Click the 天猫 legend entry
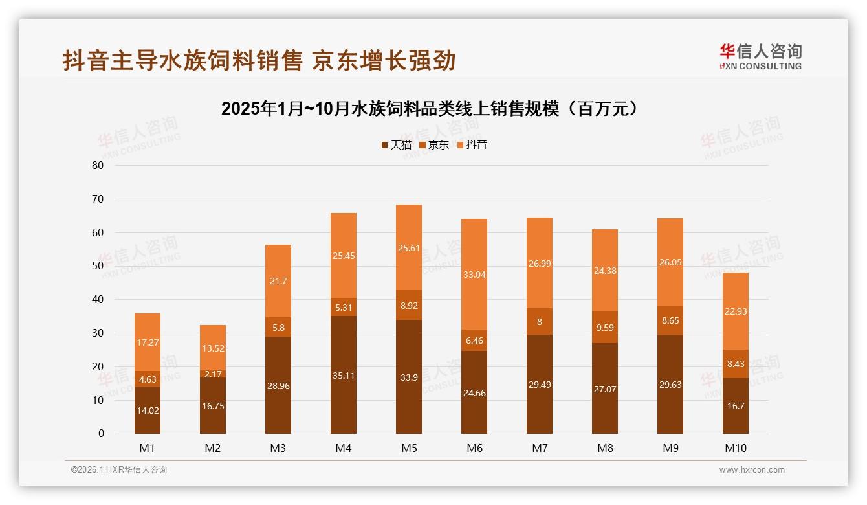tap(396, 145)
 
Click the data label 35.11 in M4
tap(344, 375)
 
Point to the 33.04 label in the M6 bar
tap(474, 275)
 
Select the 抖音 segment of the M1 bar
tap(148, 342)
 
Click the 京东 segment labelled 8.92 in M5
tap(409, 305)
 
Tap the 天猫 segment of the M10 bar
tap(736, 406)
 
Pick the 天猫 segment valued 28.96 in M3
tap(278, 385)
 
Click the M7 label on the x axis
tap(540, 448)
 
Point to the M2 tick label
tap(213, 448)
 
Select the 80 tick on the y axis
tap(98, 165)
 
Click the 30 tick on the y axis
tap(98, 333)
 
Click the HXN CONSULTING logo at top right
tap(760, 57)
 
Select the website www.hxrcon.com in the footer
tap(752, 470)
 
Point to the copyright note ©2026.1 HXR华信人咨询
tap(119, 470)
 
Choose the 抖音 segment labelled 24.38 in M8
tap(605, 270)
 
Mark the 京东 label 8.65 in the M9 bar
tap(670, 320)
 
